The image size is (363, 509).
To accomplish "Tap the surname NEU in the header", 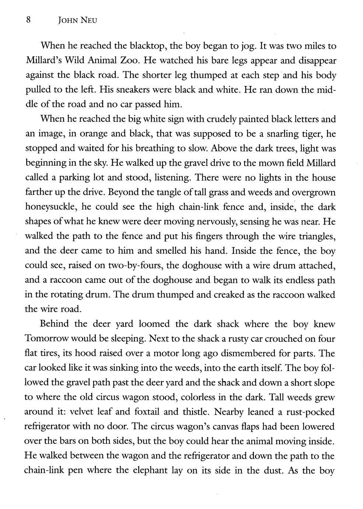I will coord(90,21).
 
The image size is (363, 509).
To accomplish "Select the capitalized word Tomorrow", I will coord(48,339).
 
